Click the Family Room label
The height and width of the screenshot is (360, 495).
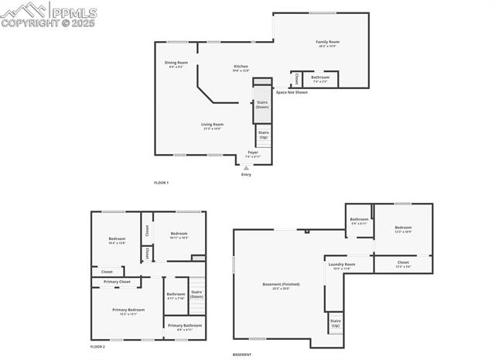327,42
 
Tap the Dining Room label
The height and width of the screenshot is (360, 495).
176,63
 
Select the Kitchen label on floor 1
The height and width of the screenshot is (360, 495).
241,67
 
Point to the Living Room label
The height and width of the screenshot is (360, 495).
212,125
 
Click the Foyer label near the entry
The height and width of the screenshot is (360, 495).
253,153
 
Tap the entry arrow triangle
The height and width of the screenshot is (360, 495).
247,167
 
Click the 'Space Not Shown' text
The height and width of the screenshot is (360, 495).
292,92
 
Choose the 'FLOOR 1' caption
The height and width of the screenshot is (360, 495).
161,183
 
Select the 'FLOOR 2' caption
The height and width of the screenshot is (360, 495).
97,346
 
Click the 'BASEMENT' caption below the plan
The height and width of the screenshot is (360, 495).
242,354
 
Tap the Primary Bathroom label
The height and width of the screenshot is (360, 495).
185,325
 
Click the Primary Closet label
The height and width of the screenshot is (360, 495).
118,282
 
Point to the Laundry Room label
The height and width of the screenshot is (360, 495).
342,265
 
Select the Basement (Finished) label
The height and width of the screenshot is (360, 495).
281,284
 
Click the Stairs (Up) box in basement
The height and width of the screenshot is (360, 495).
336,323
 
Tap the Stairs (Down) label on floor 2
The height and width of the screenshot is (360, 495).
196,294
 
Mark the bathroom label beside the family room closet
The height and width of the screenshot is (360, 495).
320,77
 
